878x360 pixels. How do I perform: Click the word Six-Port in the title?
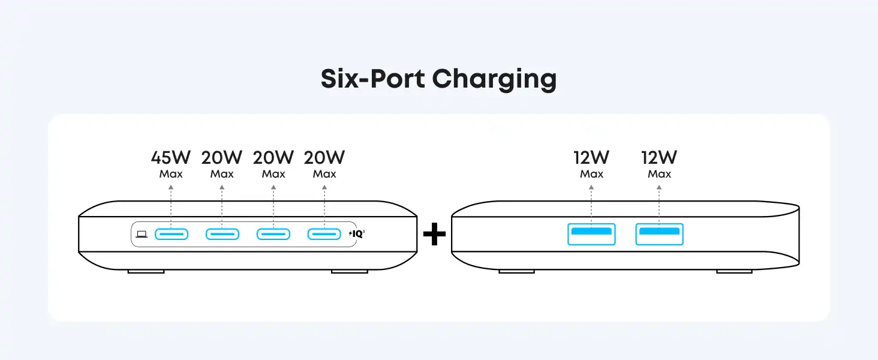coord(372,79)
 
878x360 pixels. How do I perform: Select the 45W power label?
coord(171,158)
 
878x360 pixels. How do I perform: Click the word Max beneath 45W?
coord(171,174)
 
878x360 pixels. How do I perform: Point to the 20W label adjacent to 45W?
coord(222,158)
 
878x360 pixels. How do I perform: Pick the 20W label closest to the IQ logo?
coord(324,158)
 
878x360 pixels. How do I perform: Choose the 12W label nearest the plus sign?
coord(591,158)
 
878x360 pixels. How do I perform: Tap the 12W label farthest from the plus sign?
coord(659,158)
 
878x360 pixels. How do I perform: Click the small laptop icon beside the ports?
coord(142,234)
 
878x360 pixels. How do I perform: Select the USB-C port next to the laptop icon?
coord(172,234)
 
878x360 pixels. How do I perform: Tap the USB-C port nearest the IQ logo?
coord(324,234)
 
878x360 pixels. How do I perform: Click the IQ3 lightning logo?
coord(357,234)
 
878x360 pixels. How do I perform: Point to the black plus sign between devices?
coord(434,235)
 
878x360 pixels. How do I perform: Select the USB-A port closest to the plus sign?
coord(591,234)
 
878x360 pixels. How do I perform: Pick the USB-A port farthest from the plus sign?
coord(659,234)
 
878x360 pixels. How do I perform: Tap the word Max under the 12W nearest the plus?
coord(591,174)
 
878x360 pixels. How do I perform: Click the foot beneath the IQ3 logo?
coord(349,271)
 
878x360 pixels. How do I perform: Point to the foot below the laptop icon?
coord(146,271)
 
